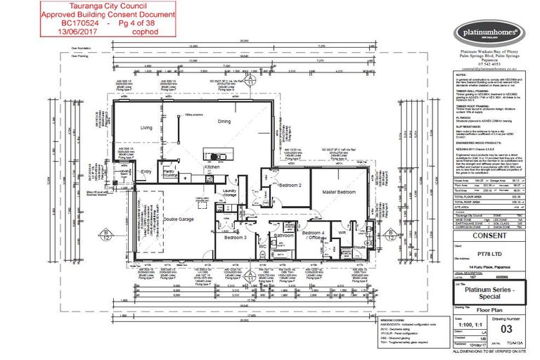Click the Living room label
(146, 127)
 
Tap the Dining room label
(224, 122)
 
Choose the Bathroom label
(283, 236)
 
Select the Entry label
(147, 171)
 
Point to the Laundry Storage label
(229, 193)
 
